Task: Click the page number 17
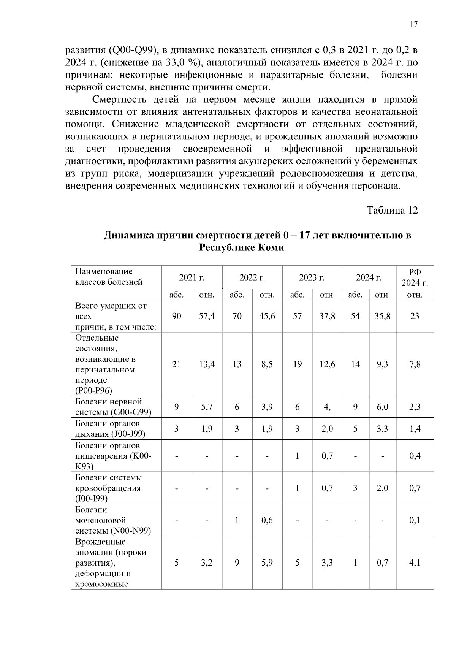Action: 413,25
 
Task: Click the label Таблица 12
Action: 392,210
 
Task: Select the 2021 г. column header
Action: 192,277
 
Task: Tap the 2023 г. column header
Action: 312,277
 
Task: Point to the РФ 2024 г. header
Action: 415,277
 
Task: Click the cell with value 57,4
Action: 207,316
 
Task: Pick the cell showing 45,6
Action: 267,316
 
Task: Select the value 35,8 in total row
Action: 382,316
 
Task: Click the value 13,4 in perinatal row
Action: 207,364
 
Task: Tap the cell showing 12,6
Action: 327,364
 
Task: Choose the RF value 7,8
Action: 415,364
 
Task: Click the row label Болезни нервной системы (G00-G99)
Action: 113,407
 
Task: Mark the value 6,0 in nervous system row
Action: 382,407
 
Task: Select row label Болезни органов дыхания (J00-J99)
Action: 110,429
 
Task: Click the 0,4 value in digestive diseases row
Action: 415,456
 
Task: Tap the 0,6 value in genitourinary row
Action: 267,520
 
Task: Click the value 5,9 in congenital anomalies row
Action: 267,563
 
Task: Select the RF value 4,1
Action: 415,563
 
